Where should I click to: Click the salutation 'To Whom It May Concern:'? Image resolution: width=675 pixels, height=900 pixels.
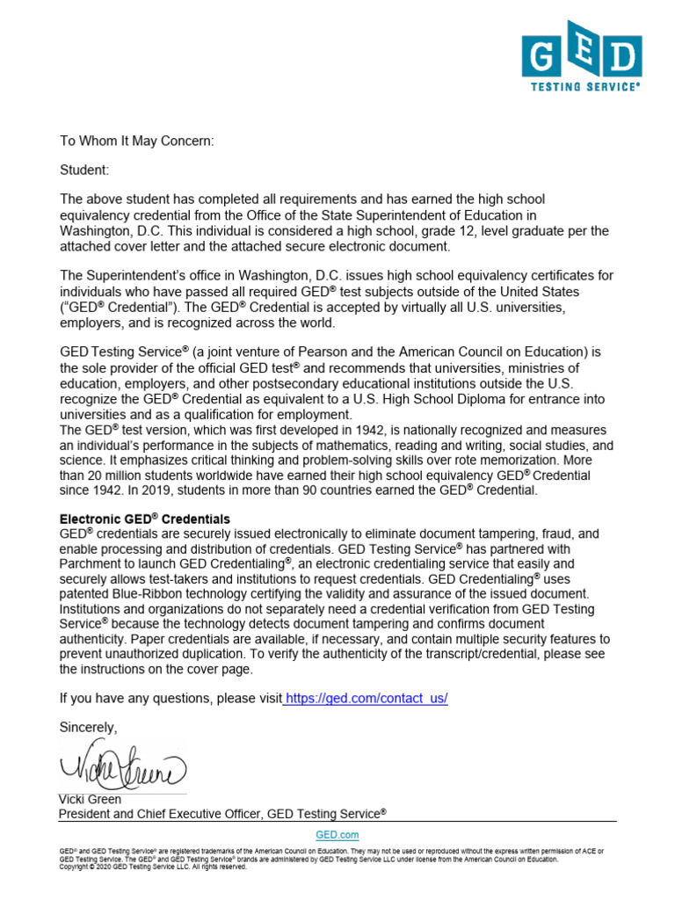coord(136,140)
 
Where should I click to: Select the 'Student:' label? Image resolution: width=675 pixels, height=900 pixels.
coord(84,170)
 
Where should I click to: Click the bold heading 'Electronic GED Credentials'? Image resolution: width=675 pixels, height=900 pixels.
coord(144,519)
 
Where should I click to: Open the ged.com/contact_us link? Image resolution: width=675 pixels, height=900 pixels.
coord(367,698)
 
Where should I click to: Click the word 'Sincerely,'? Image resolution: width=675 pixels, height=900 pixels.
coord(87,727)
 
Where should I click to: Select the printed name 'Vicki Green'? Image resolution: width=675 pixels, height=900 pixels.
coord(90,800)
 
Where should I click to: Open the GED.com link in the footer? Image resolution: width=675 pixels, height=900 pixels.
coord(337,835)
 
